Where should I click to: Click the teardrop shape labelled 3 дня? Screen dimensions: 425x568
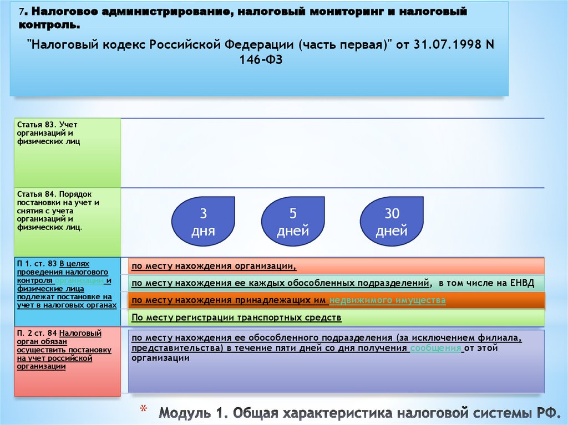tap(203, 222)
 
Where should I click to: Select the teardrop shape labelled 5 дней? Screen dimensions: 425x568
tap(293, 222)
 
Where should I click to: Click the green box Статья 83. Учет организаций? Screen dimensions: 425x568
tap(67, 152)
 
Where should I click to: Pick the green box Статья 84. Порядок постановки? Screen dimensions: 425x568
tap(67, 222)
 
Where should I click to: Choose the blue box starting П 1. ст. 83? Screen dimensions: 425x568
tap(67, 291)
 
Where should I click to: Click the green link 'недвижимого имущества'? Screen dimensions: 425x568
tap(388, 300)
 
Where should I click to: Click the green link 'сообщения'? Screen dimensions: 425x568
tap(436, 348)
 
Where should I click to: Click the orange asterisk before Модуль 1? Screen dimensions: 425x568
tap(143, 411)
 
